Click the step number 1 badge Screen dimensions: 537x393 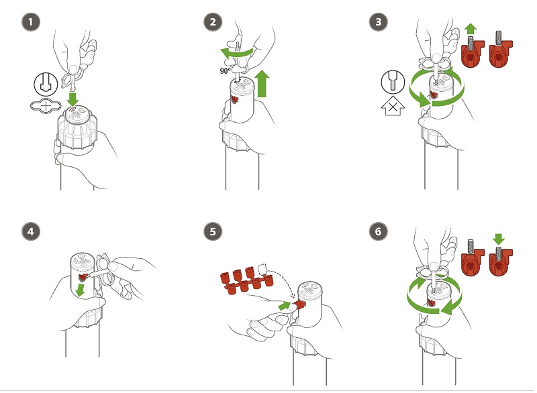tap(31, 22)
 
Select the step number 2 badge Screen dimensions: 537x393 tap(213, 22)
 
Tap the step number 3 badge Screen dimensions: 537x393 tap(379, 22)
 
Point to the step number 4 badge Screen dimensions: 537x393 tap(31, 231)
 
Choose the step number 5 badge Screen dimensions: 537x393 tap(213, 231)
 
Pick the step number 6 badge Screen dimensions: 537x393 tap(379, 231)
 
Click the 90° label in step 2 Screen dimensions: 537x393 tap(225, 71)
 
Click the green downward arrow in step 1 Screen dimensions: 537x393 tap(72, 98)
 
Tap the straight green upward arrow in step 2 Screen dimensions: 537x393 tap(262, 83)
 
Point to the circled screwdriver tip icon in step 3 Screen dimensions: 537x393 tap(393, 82)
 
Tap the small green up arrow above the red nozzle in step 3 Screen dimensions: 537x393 tap(471, 29)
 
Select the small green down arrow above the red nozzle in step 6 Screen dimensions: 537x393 tap(499, 239)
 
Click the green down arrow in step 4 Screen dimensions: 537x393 tap(81, 290)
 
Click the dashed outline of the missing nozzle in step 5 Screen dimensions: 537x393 tap(262, 269)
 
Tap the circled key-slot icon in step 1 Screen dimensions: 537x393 tap(46, 85)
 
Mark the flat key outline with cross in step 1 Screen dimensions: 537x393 tap(46, 106)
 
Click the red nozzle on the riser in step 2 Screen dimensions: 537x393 tap(235, 99)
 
